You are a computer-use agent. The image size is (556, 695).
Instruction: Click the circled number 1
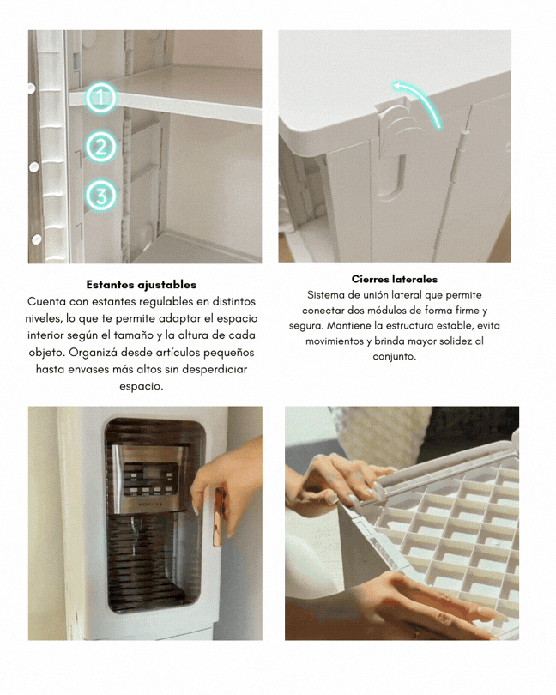click(100, 98)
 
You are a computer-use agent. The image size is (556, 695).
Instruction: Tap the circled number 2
click(100, 147)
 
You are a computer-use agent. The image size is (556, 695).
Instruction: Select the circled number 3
click(100, 196)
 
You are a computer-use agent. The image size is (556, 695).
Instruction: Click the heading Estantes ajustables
click(142, 285)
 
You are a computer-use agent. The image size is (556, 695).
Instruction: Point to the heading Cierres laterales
click(394, 279)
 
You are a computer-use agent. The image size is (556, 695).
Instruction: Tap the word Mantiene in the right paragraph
click(349, 326)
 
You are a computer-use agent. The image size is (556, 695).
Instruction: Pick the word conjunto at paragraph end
click(394, 357)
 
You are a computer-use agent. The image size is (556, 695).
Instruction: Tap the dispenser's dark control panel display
click(150, 479)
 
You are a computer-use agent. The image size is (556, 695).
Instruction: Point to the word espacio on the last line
click(141, 386)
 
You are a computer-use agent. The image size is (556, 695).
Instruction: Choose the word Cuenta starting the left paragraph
click(44, 302)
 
